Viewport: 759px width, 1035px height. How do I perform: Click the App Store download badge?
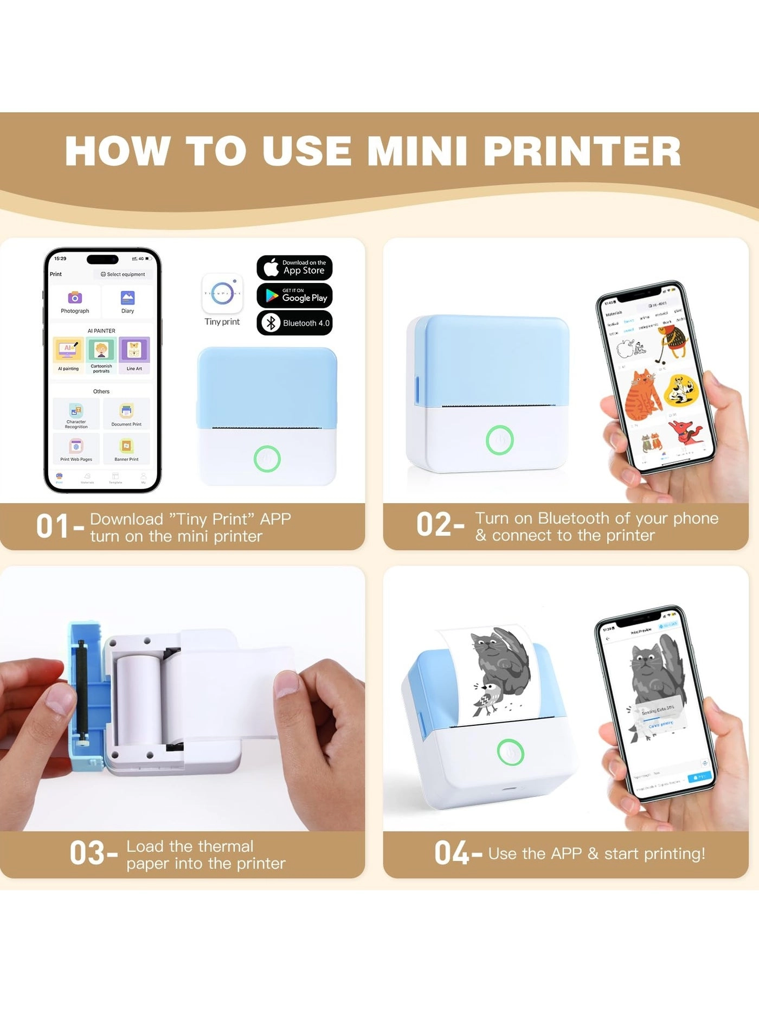(294, 267)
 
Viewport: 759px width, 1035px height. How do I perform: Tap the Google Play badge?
(294, 295)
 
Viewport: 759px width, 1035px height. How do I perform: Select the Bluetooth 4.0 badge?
(294, 323)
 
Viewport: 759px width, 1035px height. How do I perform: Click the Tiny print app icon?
(222, 294)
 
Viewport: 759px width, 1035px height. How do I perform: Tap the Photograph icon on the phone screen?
(75, 298)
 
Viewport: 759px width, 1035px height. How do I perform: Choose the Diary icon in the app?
(127, 298)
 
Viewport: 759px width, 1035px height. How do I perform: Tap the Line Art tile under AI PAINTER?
(134, 350)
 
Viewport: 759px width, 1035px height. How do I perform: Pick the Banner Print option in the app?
(126, 447)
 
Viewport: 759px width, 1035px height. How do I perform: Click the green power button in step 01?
(267, 459)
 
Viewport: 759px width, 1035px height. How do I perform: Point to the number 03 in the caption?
(87, 853)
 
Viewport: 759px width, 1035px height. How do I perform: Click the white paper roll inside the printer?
(138, 699)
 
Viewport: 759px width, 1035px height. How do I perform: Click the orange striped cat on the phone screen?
(642, 394)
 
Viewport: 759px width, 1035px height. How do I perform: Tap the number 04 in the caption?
(451, 853)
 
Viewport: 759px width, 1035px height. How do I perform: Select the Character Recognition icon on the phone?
(76, 412)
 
